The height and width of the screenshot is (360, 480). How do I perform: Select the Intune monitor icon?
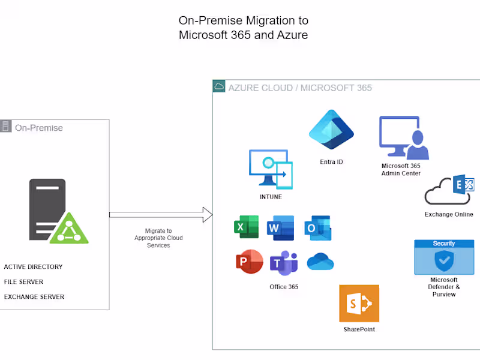click(x=271, y=169)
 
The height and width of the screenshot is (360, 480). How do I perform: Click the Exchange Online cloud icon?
click(x=449, y=191)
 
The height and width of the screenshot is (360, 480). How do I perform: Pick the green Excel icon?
click(x=246, y=227)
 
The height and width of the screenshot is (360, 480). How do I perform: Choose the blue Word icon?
click(x=281, y=228)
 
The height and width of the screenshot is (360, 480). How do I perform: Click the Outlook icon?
click(x=317, y=228)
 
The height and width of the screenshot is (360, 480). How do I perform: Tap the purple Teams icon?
click(x=283, y=263)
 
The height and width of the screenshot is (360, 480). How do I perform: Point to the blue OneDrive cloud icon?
click(x=320, y=262)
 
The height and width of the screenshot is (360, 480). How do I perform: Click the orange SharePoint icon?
click(x=359, y=304)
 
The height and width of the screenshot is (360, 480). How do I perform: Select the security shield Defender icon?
click(x=444, y=257)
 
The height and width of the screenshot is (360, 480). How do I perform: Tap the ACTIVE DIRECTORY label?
click(x=33, y=267)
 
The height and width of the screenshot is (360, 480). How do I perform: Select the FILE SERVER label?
click(x=23, y=282)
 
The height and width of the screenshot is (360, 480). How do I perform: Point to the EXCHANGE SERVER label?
click(x=34, y=297)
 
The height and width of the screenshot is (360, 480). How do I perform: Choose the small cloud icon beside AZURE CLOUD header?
click(x=219, y=86)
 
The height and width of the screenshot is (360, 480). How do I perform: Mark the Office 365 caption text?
click(x=284, y=287)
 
